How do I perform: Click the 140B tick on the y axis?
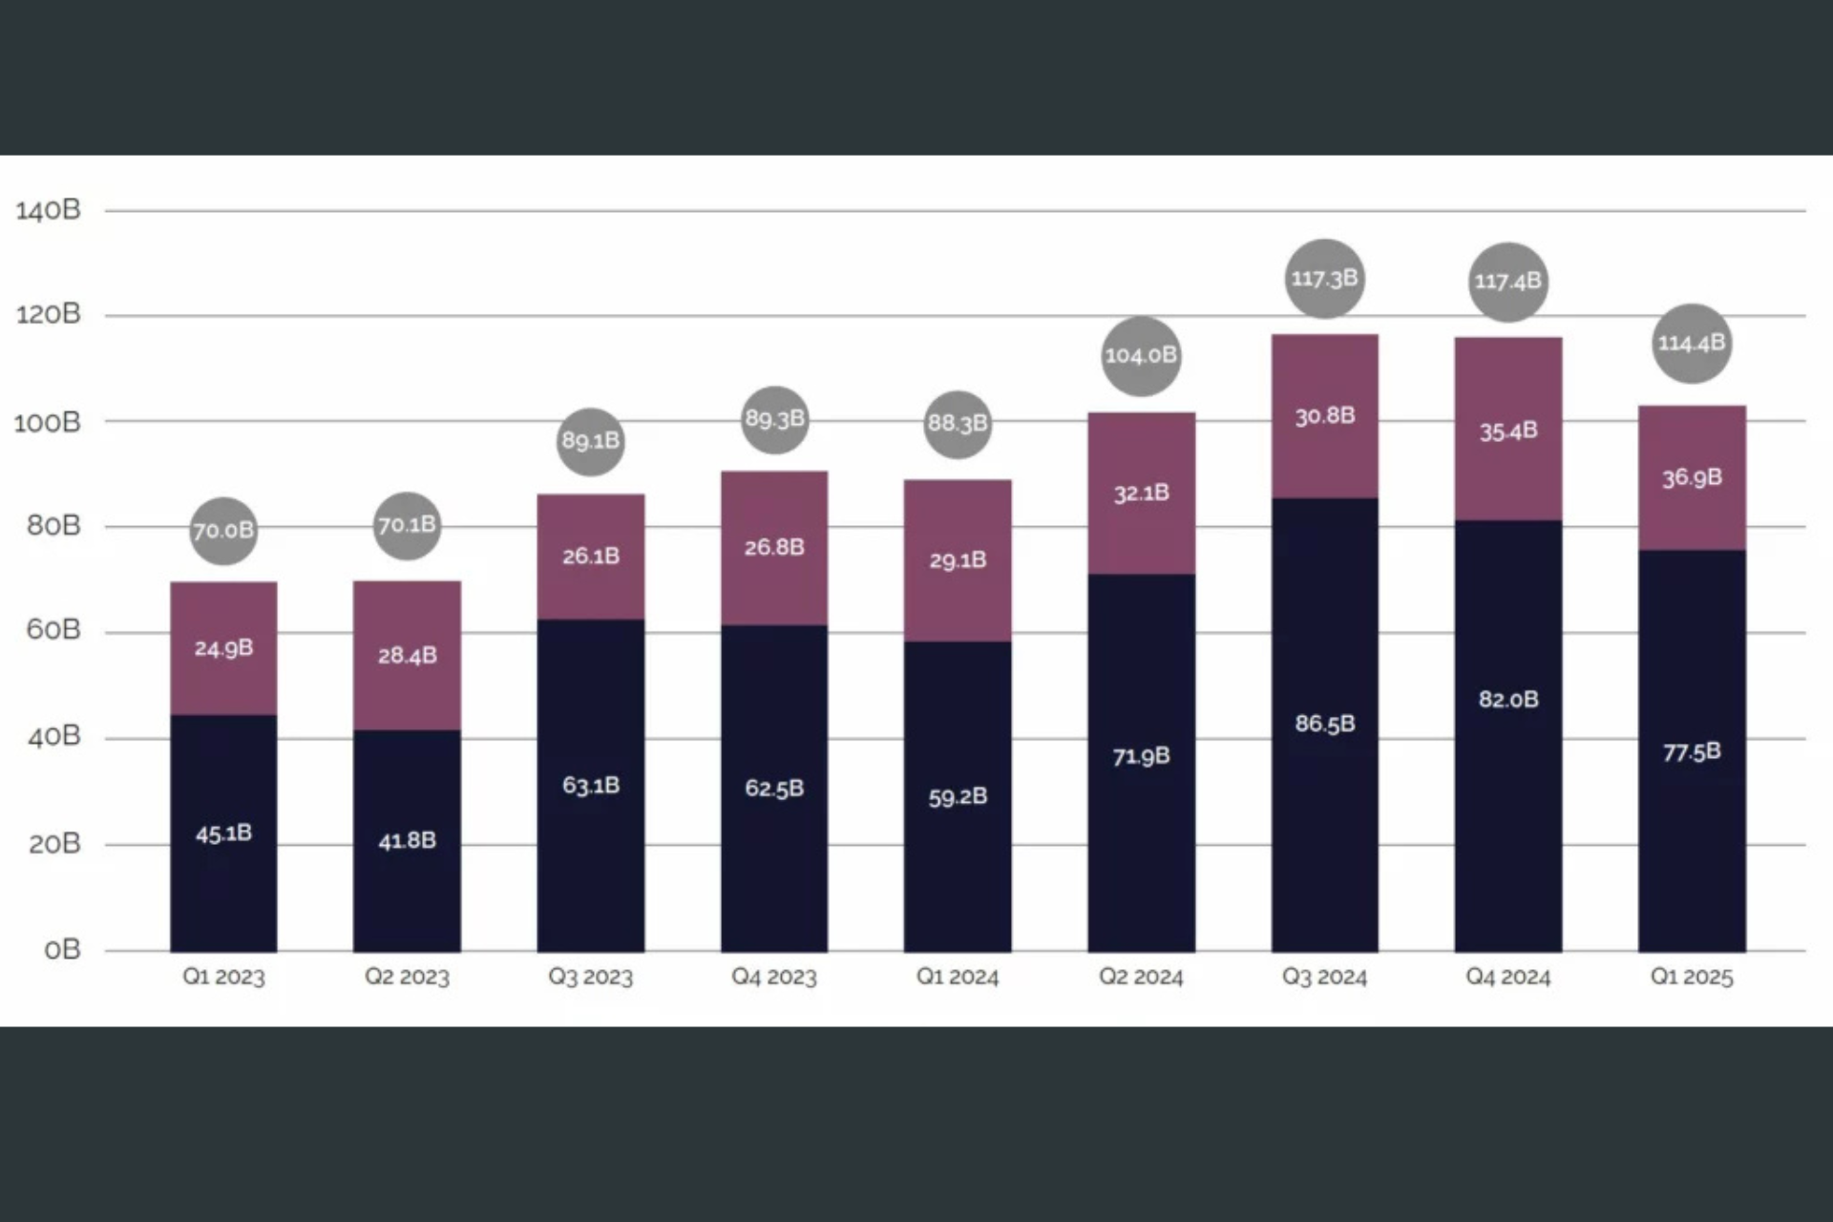tap(48, 210)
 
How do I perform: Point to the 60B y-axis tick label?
tap(53, 630)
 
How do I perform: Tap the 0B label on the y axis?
tap(62, 950)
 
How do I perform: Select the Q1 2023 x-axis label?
tap(223, 977)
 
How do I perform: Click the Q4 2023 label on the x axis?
tap(774, 977)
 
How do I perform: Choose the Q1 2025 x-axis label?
tap(1692, 977)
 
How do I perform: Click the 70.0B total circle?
tap(223, 531)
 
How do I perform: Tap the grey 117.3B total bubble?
tap(1324, 279)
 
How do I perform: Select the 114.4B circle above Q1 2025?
tap(1692, 344)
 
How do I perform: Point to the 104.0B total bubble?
tap(1141, 356)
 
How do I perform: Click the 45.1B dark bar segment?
tap(223, 832)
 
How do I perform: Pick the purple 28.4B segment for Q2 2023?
tap(407, 655)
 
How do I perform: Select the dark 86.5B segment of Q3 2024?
tap(1324, 724)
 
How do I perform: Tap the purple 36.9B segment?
tap(1692, 477)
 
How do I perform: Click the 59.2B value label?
tap(958, 796)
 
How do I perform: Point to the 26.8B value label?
tap(774, 547)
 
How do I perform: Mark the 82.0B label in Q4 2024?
tap(1508, 699)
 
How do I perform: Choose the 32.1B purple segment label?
tap(1141, 493)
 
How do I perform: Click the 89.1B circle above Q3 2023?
tap(591, 441)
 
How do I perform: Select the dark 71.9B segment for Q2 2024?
tap(1141, 756)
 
